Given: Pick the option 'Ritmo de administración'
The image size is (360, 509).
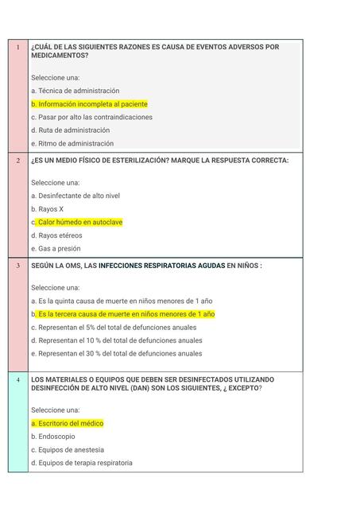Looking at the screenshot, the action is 75,143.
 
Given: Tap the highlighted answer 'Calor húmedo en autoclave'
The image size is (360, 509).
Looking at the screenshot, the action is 79,222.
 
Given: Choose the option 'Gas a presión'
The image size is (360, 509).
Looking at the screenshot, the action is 58,248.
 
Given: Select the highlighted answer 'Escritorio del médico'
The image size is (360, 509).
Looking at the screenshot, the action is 70,423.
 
